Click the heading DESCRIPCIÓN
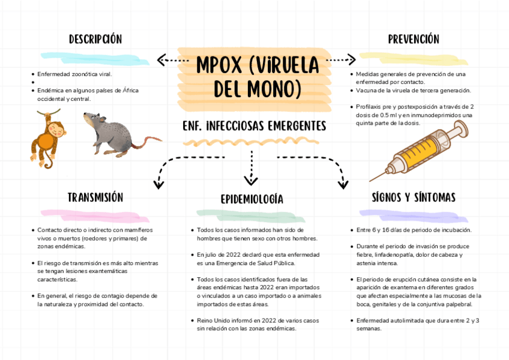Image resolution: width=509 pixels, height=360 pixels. (x=95, y=40)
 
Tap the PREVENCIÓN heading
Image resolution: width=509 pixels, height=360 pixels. (x=414, y=40)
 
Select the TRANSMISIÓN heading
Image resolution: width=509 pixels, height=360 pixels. (x=95, y=197)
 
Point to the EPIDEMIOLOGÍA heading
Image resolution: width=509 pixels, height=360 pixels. (x=251, y=199)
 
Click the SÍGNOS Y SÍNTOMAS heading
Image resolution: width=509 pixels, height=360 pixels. (x=414, y=197)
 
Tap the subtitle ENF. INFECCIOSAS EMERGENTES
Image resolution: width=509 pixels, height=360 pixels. (x=254, y=126)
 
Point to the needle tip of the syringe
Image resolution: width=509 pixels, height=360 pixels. (x=372, y=179)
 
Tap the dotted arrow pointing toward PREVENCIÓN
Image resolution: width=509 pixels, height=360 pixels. (x=341, y=59)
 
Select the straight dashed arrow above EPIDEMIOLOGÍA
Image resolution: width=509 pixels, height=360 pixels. (x=251, y=168)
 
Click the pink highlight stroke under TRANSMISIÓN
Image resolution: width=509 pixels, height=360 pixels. (x=95, y=213)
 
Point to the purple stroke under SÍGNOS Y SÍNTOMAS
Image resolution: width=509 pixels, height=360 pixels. (x=413, y=213)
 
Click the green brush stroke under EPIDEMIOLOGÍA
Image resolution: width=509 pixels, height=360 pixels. (x=251, y=213)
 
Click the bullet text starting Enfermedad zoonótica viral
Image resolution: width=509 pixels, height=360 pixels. (x=74, y=74)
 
